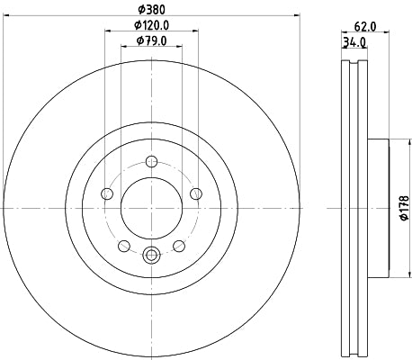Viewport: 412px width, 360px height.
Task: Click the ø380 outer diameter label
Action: click(x=151, y=9)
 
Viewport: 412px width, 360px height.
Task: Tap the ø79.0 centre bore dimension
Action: click(x=151, y=40)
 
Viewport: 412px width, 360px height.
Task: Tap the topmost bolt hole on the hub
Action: click(x=151, y=162)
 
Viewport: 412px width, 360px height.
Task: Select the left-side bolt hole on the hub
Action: click(x=107, y=193)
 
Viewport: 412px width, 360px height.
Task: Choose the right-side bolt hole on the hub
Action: click(x=195, y=193)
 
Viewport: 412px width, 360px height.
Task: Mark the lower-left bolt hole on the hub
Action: click(x=124, y=244)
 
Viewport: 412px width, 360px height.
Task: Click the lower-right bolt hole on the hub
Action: click(x=178, y=244)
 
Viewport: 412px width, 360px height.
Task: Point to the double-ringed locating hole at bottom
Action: click(x=151, y=255)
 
